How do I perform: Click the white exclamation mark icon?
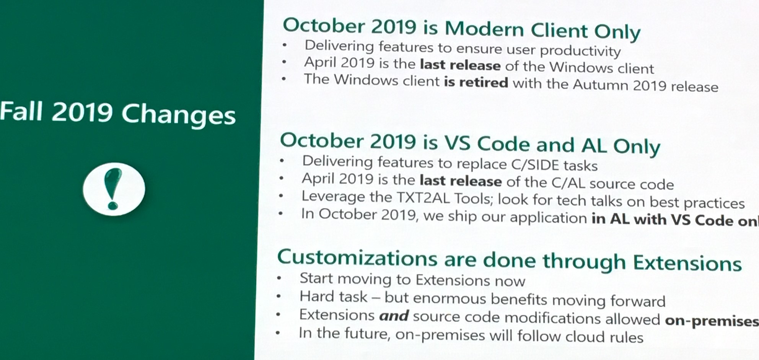tap(114, 189)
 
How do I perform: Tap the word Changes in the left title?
tap(178, 116)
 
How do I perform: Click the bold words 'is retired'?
tap(476, 82)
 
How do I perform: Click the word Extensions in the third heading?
tap(687, 263)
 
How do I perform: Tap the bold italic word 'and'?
tap(394, 316)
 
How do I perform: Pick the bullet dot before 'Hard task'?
tap(279, 296)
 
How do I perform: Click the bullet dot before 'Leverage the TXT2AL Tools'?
tap(281, 196)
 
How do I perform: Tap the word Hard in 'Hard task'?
tap(314, 296)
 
